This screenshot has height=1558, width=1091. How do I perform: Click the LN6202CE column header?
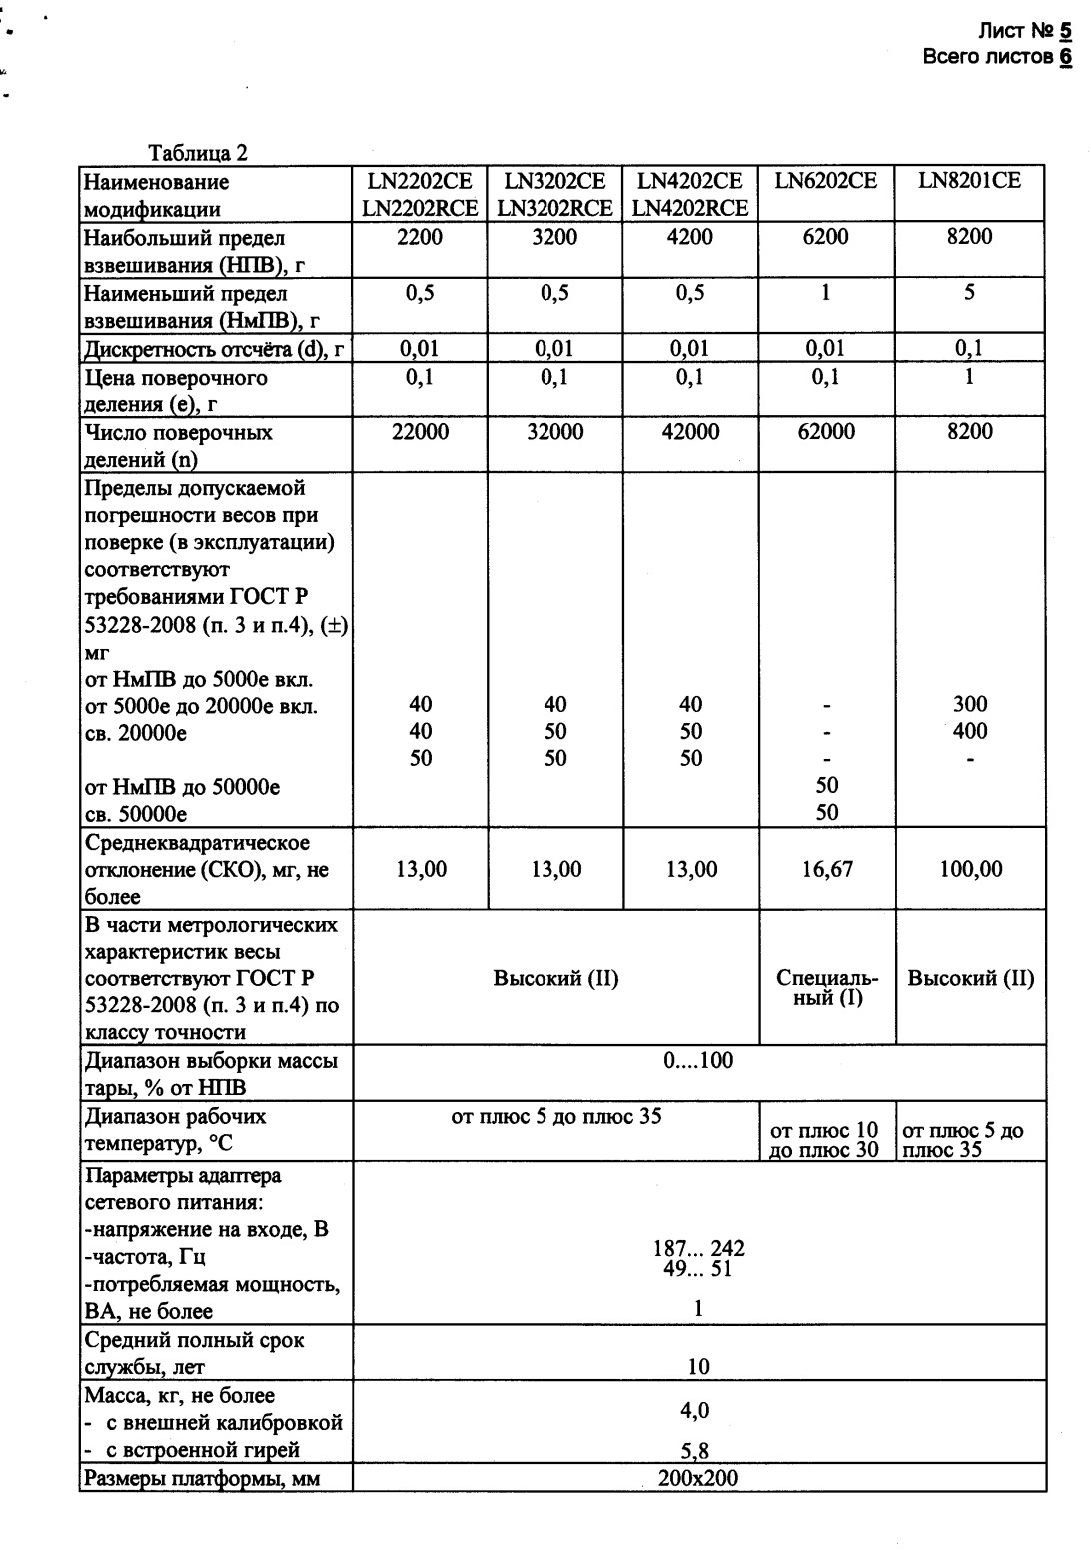coord(825,181)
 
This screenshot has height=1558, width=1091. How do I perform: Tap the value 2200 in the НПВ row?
coord(420,237)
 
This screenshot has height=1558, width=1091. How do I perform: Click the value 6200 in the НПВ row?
coord(825,237)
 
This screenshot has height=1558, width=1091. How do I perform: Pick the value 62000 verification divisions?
coord(825,432)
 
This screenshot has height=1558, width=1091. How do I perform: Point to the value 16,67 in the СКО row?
coord(827,870)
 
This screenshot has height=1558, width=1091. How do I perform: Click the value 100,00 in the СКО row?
coord(970,870)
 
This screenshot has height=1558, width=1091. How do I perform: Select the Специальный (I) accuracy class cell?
coord(827,988)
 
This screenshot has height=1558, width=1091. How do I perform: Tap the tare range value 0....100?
coord(698,1060)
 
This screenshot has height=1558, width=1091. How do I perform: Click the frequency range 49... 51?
coord(698,1270)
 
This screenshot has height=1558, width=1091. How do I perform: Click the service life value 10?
coord(698,1367)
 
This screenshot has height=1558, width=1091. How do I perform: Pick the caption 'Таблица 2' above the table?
coord(198,153)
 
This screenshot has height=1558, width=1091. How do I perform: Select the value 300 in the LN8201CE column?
coord(969,705)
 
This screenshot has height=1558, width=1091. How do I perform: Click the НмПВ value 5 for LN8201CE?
coord(969,293)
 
